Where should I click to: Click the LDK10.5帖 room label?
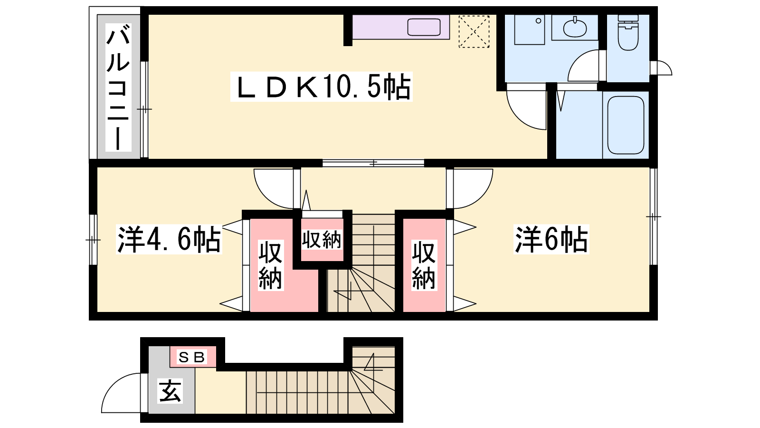pyautogui.click(x=321, y=87)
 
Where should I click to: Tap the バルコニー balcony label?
pyautogui.click(x=118, y=88)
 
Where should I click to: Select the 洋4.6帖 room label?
pyautogui.click(x=169, y=239)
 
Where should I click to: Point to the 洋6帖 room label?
pyautogui.click(x=551, y=239)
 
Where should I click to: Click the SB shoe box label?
pyautogui.click(x=192, y=357)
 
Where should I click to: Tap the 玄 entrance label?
pyautogui.click(x=171, y=391)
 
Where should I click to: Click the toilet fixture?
pyautogui.click(x=628, y=32)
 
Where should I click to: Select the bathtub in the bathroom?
pyautogui.click(x=625, y=125)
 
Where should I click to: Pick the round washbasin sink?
pyautogui.click(x=575, y=27)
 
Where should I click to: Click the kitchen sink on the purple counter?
pyautogui.click(x=424, y=27)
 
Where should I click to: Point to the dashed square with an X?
pyautogui.click(x=474, y=31)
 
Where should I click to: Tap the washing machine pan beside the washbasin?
pyautogui.click(x=530, y=29)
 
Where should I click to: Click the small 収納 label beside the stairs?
pyautogui.click(x=321, y=240)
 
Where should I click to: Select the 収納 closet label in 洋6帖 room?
pyautogui.click(x=424, y=265)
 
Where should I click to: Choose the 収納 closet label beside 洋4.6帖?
pyautogui.click(x=270, y=265)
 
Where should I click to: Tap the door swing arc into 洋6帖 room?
pyautogui.click(x=482, y=197)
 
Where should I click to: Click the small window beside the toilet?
pyautogui.click(x=661, y=68)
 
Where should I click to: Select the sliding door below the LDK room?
pyautogui.click(x=373, y=163)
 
